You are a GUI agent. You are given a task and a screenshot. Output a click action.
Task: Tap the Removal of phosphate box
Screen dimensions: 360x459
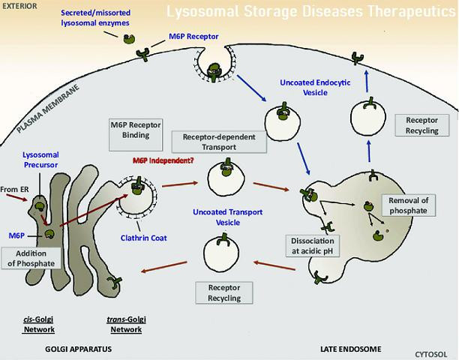[408, 206]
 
